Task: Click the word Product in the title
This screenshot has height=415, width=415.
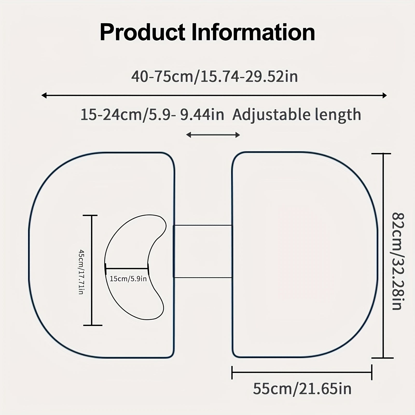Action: (142, 32)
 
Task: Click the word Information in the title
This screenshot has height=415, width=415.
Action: (253, 32)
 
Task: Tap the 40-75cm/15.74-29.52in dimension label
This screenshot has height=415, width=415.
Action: (215, 77)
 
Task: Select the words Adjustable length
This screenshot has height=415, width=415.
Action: (297, 115)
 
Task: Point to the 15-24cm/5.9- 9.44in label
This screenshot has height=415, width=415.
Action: (152, 115)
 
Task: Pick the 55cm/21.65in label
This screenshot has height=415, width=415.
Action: (302, 389)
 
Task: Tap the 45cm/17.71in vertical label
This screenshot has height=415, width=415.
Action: (81, 272)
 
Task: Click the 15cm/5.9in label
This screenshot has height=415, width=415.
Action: (128, 279)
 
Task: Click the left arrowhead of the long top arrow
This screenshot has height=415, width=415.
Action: (44, 96)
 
